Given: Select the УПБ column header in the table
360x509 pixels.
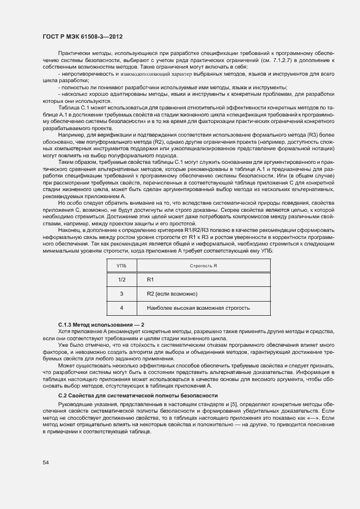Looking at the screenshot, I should tap(121, 265).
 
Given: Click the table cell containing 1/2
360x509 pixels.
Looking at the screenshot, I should tap(121, 279).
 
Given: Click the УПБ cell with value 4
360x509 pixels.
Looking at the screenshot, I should tap(121, 308).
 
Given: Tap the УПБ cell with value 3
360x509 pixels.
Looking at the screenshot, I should tap(121, 294).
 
